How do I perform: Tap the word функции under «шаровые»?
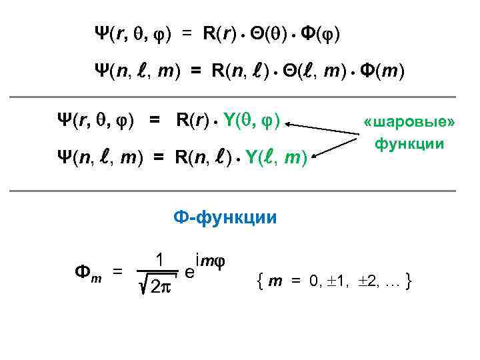tap(409, 143)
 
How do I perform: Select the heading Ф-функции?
tap(225, 218)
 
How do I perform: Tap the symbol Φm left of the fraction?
tap(85, 272)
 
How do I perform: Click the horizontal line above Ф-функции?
tap(240, 192)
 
